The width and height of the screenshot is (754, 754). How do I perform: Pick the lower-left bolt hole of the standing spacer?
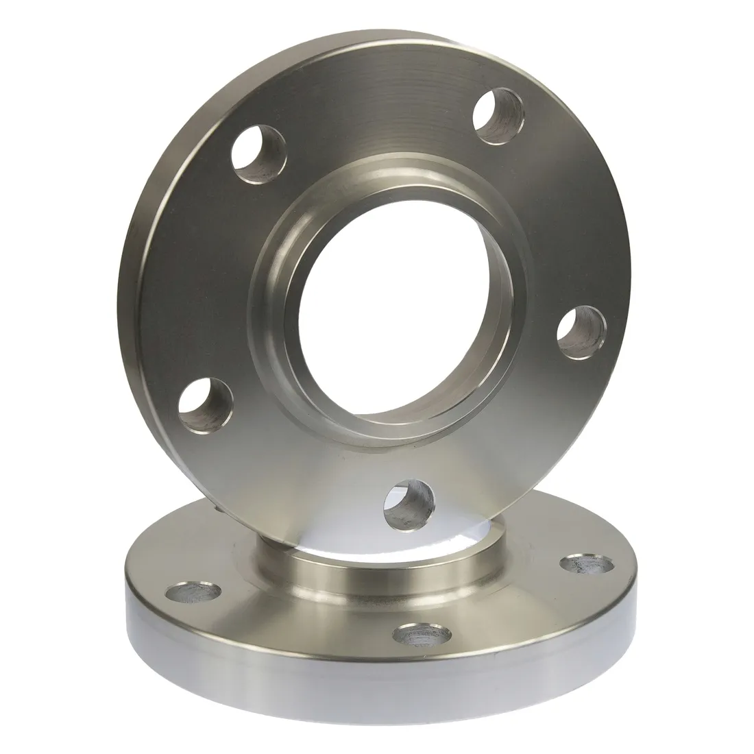click(206, 402)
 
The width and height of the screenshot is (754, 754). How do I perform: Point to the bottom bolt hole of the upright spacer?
click(409, 504)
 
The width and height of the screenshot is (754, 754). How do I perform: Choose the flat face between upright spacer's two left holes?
click(206, 274)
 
